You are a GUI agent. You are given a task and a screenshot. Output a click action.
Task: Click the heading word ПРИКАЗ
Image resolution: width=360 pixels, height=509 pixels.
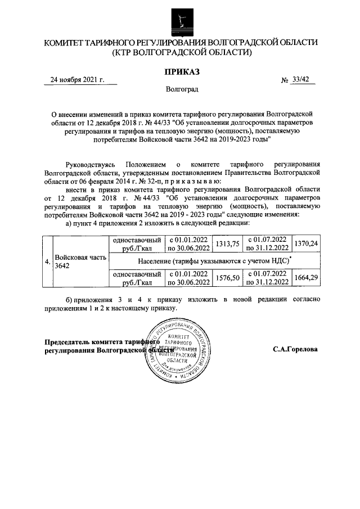pyautogui.click(x=181, y=71)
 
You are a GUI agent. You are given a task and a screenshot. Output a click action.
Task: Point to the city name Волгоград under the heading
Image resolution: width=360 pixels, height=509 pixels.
pyautogui.click(x=181, y=89)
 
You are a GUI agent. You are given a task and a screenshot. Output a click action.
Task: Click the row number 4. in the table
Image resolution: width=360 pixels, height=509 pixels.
pyautogui.click(x=47, y=261)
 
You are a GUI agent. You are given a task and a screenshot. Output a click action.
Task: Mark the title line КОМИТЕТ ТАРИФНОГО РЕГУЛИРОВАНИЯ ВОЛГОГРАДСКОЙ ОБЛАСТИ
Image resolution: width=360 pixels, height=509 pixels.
pyautogui.click(x=181, y=43)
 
